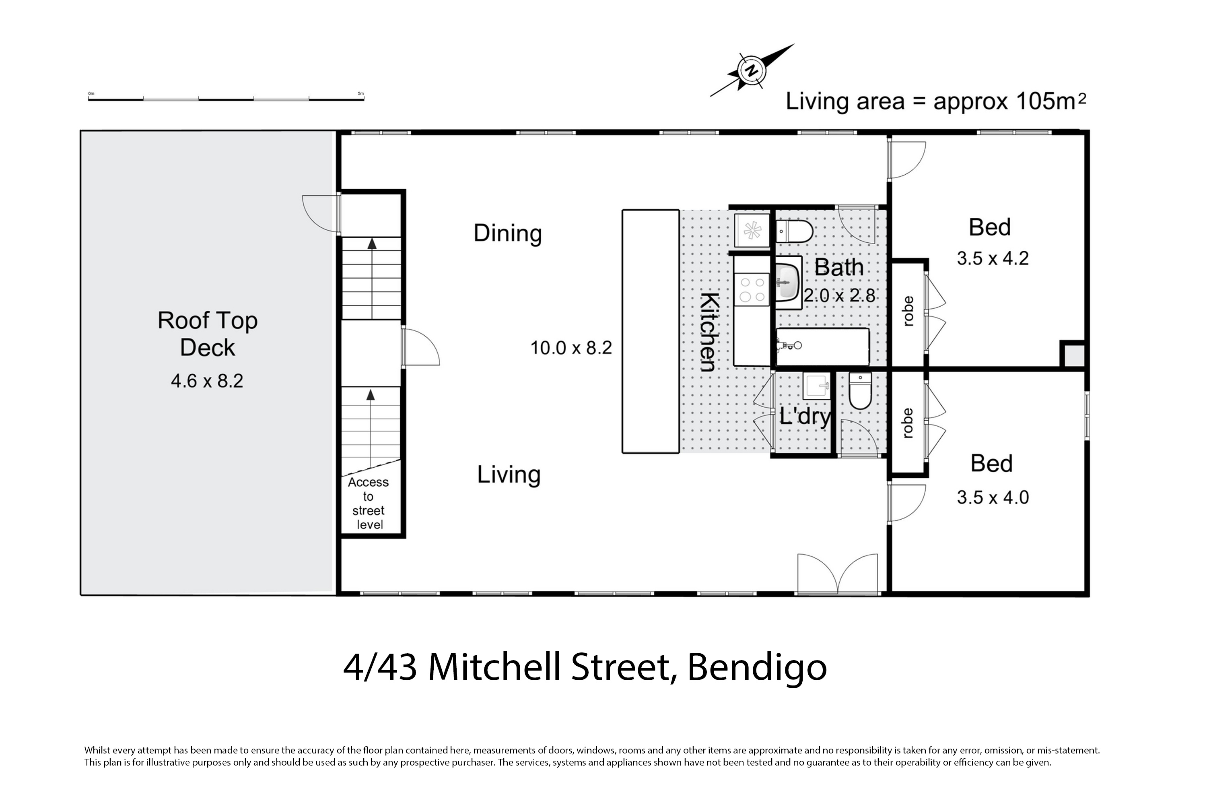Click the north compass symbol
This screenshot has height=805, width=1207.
[x=752, y=71]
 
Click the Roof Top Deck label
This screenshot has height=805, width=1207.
[x=207, y=334]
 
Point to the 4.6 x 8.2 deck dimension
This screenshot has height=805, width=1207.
[x=207, y=381]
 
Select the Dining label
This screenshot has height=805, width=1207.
[x=507, y=233]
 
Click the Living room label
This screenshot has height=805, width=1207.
[x=509, y=475]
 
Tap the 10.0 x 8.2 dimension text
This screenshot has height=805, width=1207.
[x=571, y=348]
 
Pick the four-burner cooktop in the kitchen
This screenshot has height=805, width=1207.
[x=752, y=289]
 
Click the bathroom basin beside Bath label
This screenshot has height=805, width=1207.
[x=787, y=283]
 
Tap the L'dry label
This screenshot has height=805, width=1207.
[x=805, y=416]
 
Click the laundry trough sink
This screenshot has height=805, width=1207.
[x=816, y=386]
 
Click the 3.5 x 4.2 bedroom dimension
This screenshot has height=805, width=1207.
[x=993, y=258]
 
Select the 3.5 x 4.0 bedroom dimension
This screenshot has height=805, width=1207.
[x=993, y=497]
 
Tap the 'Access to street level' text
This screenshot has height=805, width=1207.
[x=369, y=504]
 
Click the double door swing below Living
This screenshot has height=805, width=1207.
[x=838, y=574]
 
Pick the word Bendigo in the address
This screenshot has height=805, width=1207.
[x=757, y=668]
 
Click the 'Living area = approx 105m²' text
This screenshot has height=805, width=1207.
[x=936, y=101]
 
